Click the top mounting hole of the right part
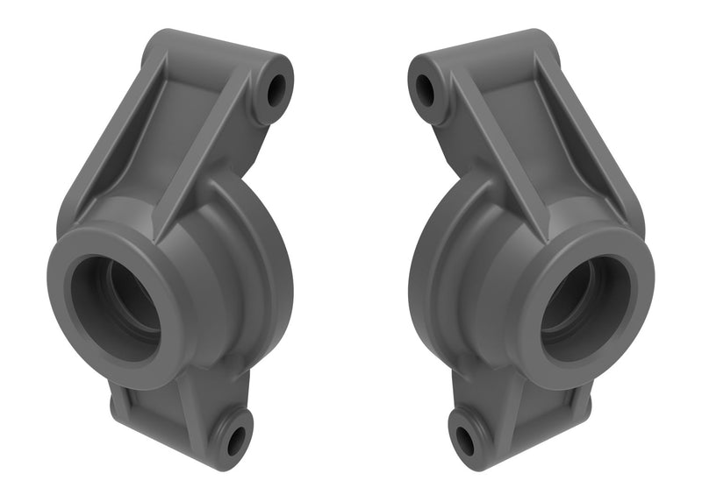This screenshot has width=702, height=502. (425, 88)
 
